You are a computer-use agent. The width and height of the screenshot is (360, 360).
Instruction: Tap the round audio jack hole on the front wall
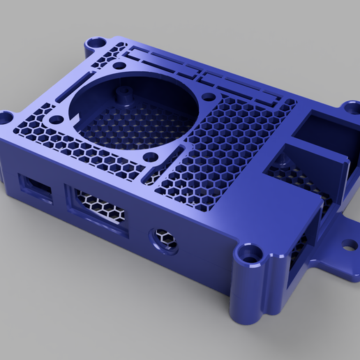click(165, 239)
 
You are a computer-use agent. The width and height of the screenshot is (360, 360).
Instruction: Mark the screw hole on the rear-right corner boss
click(350, 108)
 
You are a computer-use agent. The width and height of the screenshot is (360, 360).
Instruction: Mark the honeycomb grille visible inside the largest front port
click(98, 207)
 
